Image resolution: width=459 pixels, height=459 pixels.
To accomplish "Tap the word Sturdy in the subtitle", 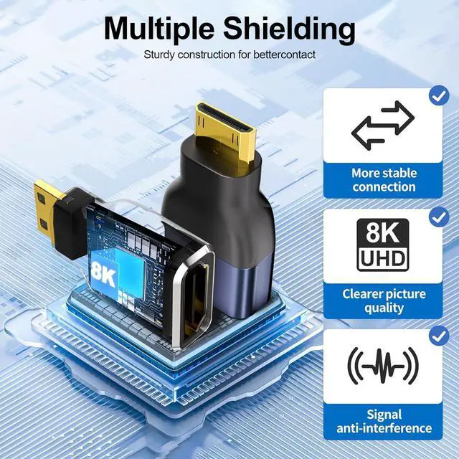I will click(161, 55).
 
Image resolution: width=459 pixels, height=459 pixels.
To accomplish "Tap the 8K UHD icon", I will click(383, 245).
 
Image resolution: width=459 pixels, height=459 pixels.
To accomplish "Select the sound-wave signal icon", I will click(383, 366).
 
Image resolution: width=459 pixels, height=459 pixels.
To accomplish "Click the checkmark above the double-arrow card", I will click(438, 95).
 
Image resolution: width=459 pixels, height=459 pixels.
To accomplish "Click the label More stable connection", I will click(384, 179).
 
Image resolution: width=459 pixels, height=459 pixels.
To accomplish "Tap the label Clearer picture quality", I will click(384, 301).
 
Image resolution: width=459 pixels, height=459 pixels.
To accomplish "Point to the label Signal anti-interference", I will click(384, 421).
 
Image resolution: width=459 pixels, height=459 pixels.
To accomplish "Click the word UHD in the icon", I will click(383, 259).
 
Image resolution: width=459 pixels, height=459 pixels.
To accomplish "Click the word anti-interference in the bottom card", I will click(384, 428).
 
